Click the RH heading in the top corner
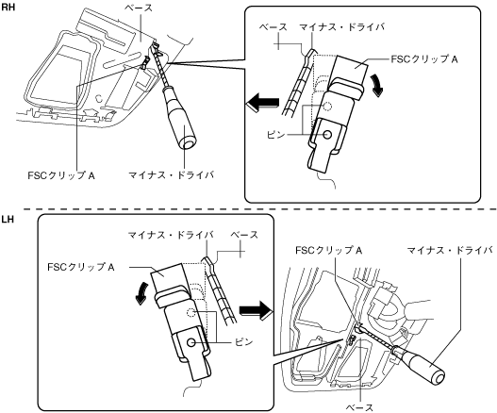click(8, 7)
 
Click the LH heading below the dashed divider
click(8, 220)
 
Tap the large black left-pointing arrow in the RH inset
click(262, 103)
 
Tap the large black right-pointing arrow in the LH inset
click(257, 310)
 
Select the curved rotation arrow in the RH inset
click(377, 85)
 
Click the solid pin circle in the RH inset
click(328, 135)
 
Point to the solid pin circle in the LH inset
click(191, 342)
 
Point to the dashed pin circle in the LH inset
click(191, 313)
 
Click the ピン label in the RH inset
click(275, 135)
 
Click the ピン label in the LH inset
click(243, 342)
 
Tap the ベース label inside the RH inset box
click(273, 27)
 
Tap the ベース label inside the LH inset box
click(244, 235)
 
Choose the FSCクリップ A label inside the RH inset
click(424, 59)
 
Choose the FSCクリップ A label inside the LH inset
click(81, 267)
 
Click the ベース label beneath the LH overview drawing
click(359, 407)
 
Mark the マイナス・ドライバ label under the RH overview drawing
click(171, 174)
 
